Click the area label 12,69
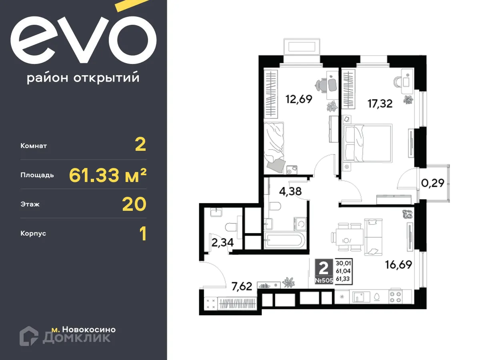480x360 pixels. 298,98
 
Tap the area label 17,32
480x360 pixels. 380,104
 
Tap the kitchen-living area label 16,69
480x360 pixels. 398,264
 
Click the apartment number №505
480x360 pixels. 324,281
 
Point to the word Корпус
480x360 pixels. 33,233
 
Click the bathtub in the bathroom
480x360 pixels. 285,241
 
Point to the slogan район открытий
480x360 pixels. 83,78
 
